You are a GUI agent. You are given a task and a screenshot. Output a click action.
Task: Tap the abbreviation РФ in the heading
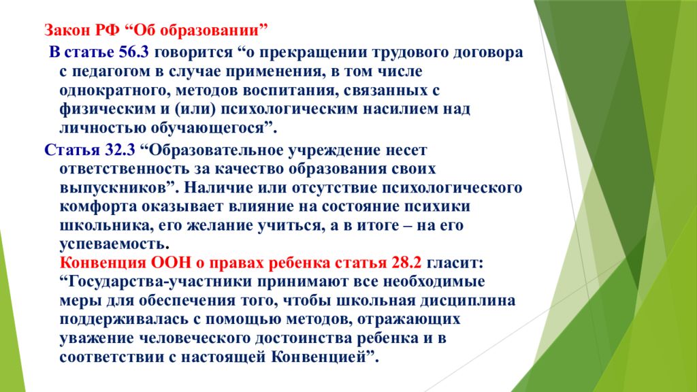[107, 30]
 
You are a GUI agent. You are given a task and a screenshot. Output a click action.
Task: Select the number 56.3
[134, 52]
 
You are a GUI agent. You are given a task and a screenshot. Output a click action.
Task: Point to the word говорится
[194, 53]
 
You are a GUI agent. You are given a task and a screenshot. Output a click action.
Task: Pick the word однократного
[114, 91]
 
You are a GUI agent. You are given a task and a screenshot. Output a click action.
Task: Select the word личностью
[103, 128]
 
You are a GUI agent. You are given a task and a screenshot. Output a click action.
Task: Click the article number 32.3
[120, 150]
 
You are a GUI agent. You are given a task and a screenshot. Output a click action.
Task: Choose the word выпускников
[113, 188]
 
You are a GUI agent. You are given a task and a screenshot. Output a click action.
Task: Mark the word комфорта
[98, 207]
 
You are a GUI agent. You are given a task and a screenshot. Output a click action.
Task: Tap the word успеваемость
[112, 244]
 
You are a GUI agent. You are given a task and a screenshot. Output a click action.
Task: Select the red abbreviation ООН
[171, 263]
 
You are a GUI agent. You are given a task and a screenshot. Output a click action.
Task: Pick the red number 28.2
[406, 263]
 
